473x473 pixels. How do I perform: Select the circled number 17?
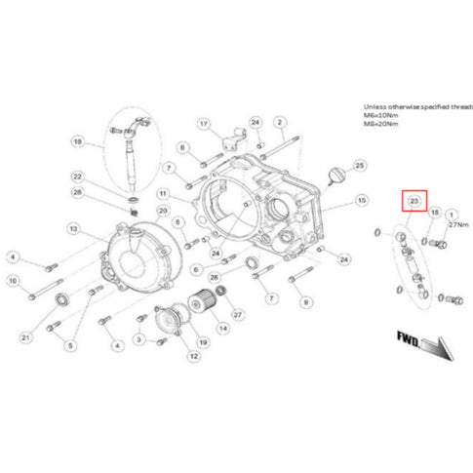204,124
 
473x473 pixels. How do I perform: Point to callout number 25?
360,167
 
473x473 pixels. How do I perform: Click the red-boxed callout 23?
414,201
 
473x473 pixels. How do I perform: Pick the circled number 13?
72,228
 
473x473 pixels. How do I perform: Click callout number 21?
26,337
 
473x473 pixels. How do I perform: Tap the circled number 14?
223,328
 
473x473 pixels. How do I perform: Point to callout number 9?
305,303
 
